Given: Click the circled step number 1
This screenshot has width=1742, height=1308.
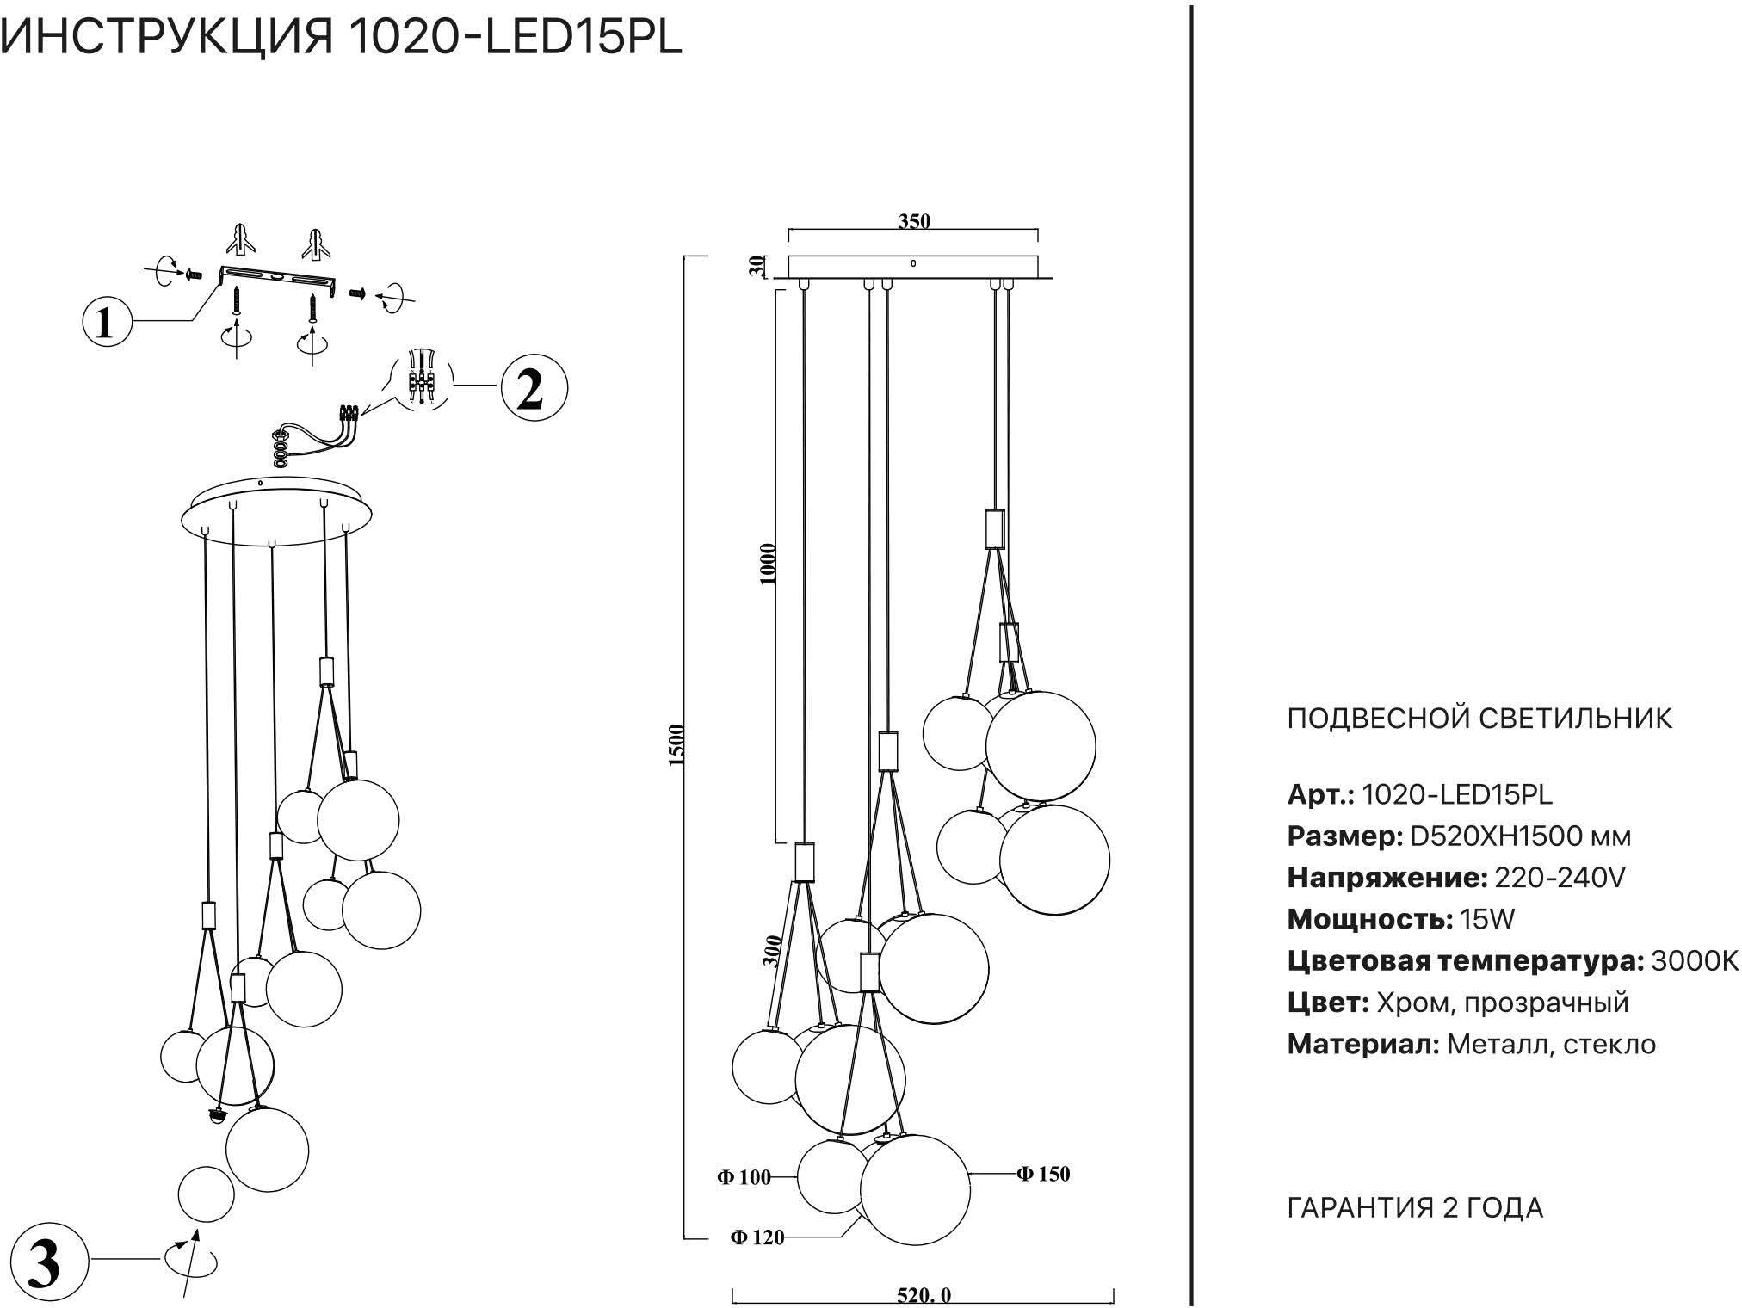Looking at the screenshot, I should pyautogui.click(x=107, y=324).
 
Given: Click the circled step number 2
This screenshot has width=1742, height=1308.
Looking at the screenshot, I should pyautogui.click(x=533, y=390).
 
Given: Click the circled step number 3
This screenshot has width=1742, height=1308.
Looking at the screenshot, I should pyautogui.click(x=45, y=1262).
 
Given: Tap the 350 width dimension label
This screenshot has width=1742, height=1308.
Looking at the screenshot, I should pyautogui.click(x=914, y=221).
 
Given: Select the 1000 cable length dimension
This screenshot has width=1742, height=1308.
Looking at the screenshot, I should pyautogui.click(x=769, y=564).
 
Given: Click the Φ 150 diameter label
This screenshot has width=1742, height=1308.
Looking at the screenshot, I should pyautogui.click(x=1043, y=1174).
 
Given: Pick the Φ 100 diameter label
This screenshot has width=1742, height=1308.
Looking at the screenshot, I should pyautogui.click(x=744, y=1177).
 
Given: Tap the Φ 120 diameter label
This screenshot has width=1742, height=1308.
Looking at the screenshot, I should pyautogui.click(x=757, y=1237).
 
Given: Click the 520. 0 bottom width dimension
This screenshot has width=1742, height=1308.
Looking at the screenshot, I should pyautogui.click(x=924, y=1295).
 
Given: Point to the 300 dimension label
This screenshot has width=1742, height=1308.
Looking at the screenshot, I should pyautogui.click(x=772, y=951).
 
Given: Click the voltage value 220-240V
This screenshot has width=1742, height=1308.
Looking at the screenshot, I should pyautogui.click(x=1560, y=878).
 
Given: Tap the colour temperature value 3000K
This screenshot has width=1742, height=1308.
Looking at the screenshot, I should pyautogui.click(x=1695, y=961).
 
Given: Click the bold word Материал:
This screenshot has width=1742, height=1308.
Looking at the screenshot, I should pyautogui.click(x=1363, y=1045).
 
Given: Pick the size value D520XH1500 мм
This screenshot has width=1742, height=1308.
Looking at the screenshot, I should pyautogui.click(x=1519, y=836).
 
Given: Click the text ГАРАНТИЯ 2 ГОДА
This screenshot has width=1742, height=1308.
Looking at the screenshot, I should pyautogui.click(x=1415, y=1208).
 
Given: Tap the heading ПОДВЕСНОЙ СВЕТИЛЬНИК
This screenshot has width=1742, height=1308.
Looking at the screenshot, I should pyautogui.click(x=1479, y=718).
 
